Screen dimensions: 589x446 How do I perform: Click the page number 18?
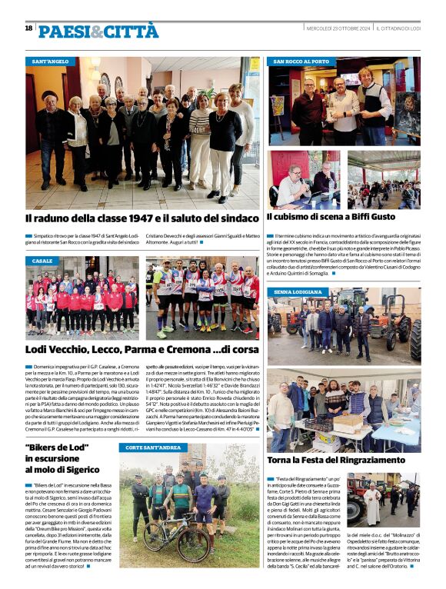click(x=28, y=28)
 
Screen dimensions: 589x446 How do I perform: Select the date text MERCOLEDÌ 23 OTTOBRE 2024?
click(x=333, y=28)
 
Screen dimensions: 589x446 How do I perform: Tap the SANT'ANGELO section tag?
click(x=50, y=61)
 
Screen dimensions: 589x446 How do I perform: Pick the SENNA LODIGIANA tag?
click(x=298, y=293)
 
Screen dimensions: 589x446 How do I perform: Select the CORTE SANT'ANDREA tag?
click(x=153, y=447)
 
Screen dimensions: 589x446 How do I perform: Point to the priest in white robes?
click(x=372, y=504)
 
